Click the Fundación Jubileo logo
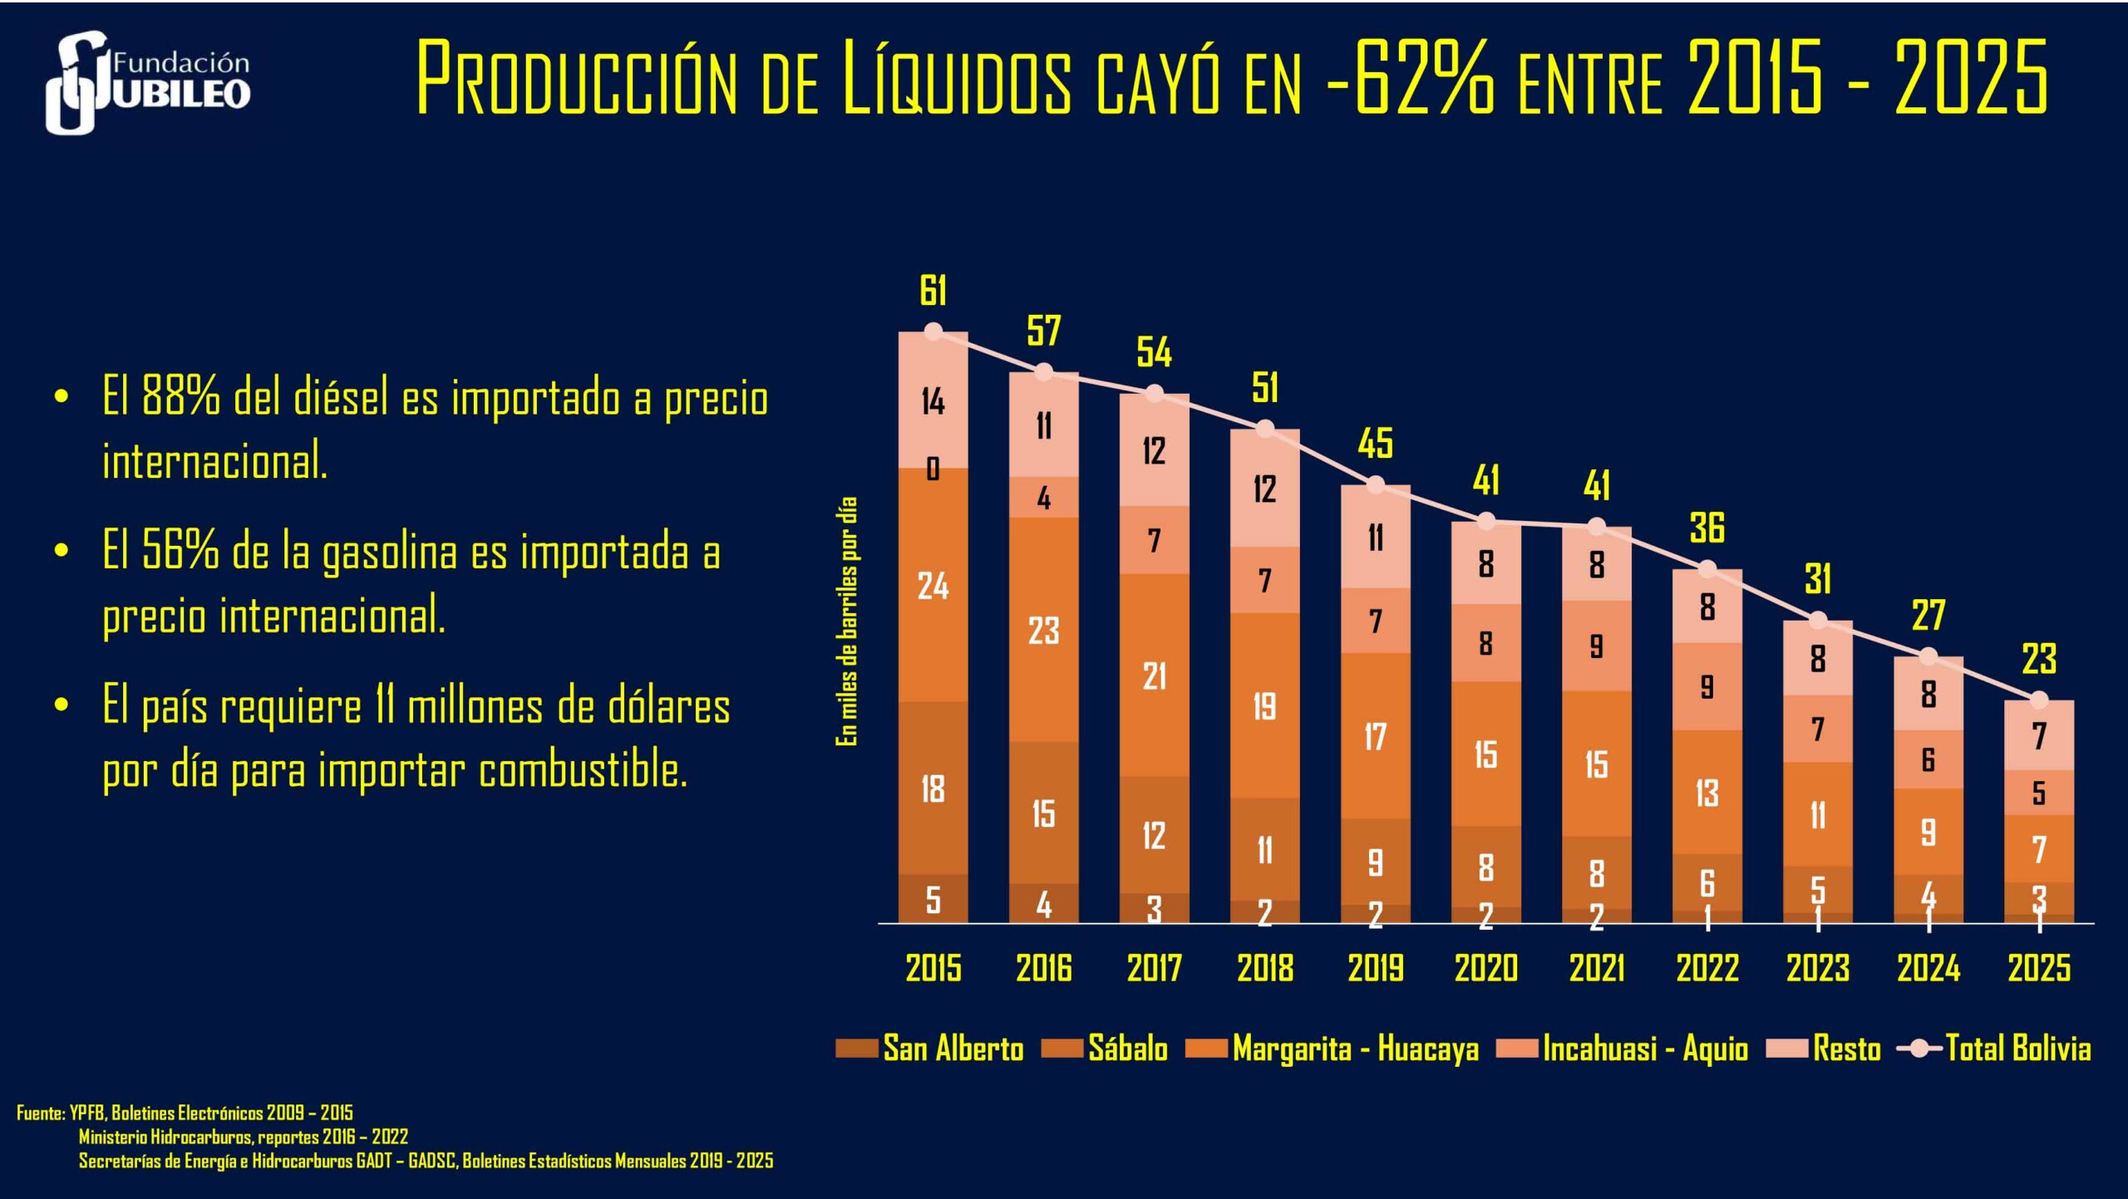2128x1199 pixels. click(x=148, y=81)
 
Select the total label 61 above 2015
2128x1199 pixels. click(x=933, y=290)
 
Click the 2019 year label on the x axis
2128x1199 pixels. click(x=1375, y=968)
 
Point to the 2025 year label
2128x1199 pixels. click(x=2038, y=968)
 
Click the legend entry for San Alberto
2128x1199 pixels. click(x=931, y=1049)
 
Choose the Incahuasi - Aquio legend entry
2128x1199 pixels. click(x=1623, y=1049)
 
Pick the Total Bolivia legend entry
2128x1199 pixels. click(x=1995, y=1049)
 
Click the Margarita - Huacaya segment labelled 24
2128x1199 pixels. click(x=933, y=587)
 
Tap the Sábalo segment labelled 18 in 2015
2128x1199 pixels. click(x=933, y=789)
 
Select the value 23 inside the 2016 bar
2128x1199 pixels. click(x=1043, y=631)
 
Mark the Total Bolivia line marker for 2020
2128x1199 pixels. click(x=1486, y=522)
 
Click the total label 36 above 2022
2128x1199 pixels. click(x=1707, y=528)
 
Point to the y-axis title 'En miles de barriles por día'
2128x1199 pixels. click(x=846, y=621)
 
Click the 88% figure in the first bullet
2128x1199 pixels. click(x=180, y=396)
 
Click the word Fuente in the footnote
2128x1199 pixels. click(x=39, y=1113)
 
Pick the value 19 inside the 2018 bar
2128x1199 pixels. click(x=1264, y=706)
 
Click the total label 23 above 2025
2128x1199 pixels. click(x=2038, y=659)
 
